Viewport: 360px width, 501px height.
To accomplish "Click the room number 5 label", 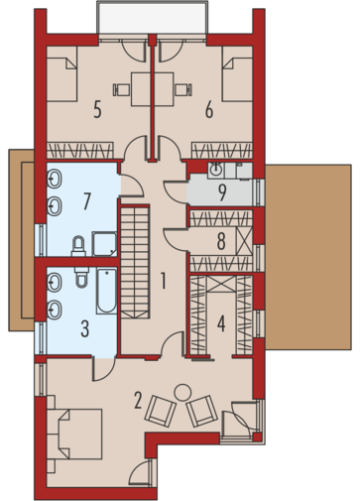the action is (97, 110).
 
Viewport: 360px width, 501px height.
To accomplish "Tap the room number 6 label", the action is (209, 110).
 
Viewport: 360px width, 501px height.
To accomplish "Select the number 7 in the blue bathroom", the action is (86, 201).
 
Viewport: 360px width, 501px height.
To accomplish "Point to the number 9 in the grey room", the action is (222, 192).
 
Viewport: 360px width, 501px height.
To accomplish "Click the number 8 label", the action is (221, 241).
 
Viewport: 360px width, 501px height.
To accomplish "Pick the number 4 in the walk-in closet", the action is (221, 323).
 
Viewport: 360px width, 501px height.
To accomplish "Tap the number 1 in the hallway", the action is (163, 281).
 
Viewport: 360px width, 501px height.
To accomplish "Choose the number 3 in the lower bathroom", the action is (85, 329).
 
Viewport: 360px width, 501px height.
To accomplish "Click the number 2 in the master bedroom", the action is (138, 400).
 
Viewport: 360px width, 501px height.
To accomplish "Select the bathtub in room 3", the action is (106, 291).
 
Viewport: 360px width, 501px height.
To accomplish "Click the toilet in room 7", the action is (78, 246).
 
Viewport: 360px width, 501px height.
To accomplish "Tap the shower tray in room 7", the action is (104, 244).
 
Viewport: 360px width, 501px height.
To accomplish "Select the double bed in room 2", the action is (74, 434).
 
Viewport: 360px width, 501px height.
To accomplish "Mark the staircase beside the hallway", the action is (135, 262).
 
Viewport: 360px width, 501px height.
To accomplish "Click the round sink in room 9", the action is (216, 171).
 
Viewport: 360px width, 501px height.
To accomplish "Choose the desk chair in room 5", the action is (121, 89).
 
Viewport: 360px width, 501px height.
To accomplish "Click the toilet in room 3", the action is (81, 277).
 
